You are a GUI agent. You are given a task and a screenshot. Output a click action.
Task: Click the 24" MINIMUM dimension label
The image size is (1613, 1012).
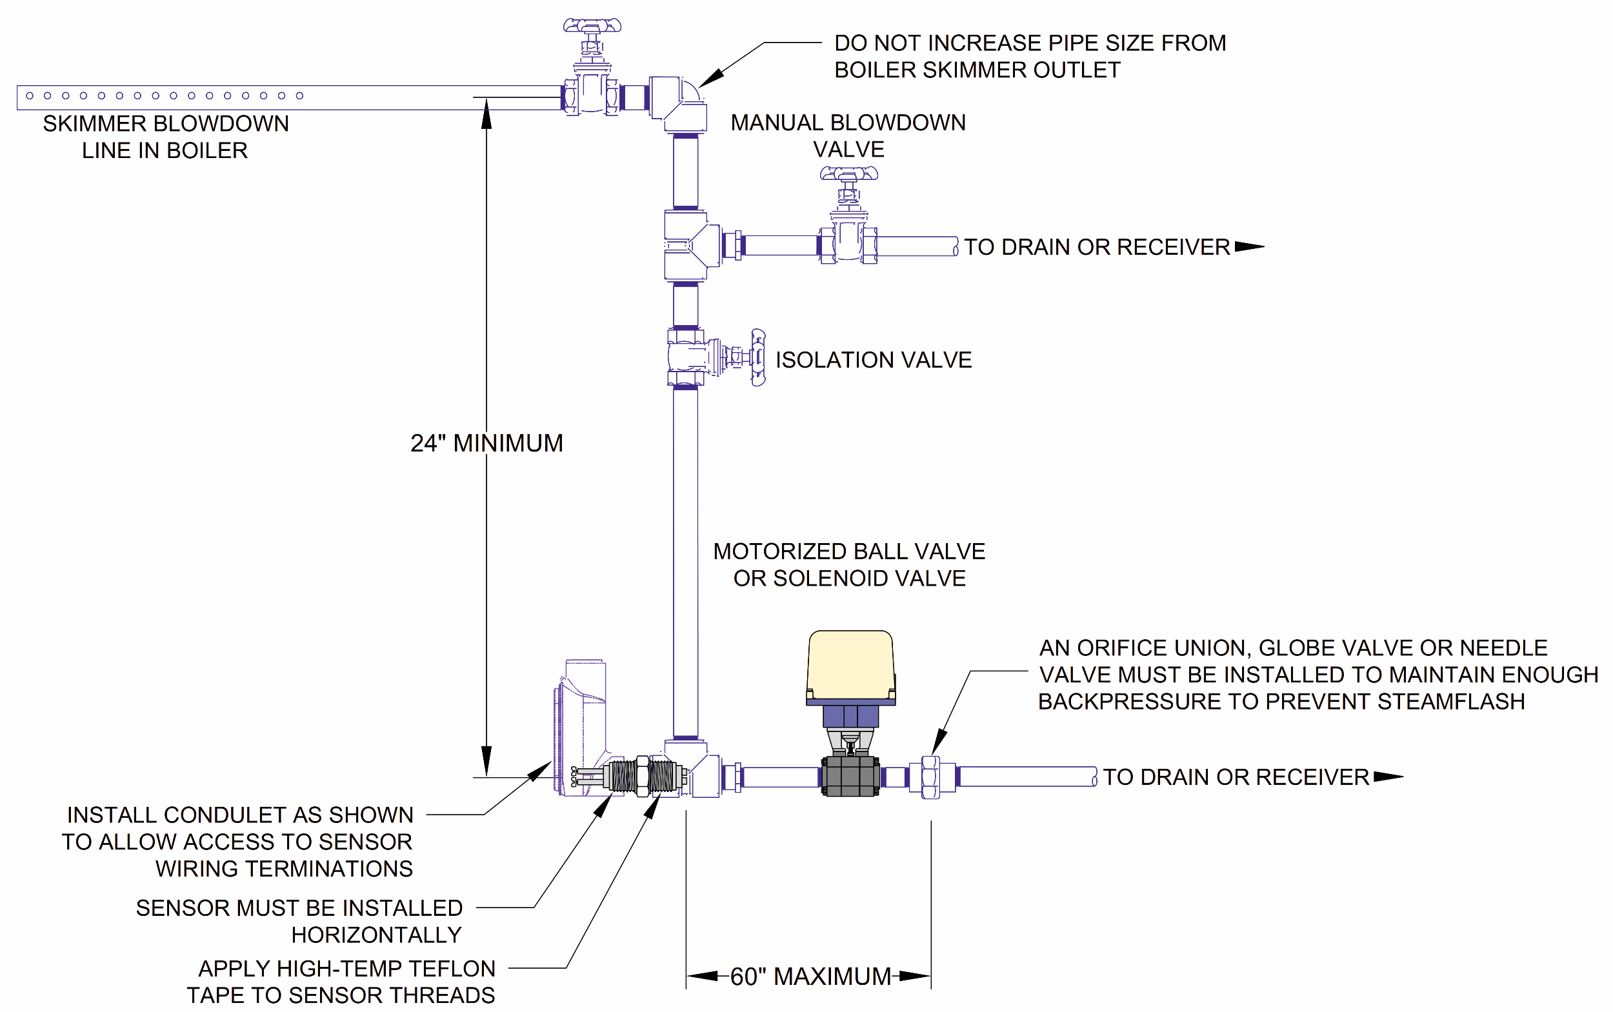pyautogui.click(x=486, y=443)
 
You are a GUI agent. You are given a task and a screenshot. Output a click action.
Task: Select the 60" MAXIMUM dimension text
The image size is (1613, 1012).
pyautogui.click(x=810, y=977)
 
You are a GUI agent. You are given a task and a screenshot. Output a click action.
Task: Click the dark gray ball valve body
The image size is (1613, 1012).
pyautogui.click(x=850, y=777)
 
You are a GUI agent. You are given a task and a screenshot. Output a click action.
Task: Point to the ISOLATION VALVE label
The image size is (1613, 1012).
pyautogui.click(x=872, y=360)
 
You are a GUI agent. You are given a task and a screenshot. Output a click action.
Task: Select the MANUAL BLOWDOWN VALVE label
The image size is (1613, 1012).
pyautogui.click(x=848, y=136)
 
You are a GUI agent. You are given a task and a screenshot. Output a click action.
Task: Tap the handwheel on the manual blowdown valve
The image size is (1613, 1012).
pyautogui.click(x=848, y=174)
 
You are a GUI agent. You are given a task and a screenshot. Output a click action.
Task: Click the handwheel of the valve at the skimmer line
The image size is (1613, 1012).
pyautogui.click(x=591, y=26)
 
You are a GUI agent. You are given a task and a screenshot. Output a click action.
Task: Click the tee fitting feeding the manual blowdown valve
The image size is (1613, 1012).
pyautogui.click(x=690, y=245)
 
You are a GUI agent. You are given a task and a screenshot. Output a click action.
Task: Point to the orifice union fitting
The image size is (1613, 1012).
pyautogui.click(x=930, y=777)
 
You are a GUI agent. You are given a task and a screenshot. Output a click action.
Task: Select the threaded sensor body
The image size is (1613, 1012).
pyautogui.click(x=643, y=777)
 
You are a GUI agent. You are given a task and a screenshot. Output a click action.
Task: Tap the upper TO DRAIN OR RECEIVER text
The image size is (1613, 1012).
pyautogui.click(x=1096, y=247)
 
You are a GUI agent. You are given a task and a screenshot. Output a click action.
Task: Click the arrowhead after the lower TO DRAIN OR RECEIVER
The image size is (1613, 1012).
pyautogui.click(x=1387, y=777)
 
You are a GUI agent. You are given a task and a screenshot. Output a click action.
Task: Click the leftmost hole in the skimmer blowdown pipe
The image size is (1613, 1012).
pyautogui.click(x=30, y=95)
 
